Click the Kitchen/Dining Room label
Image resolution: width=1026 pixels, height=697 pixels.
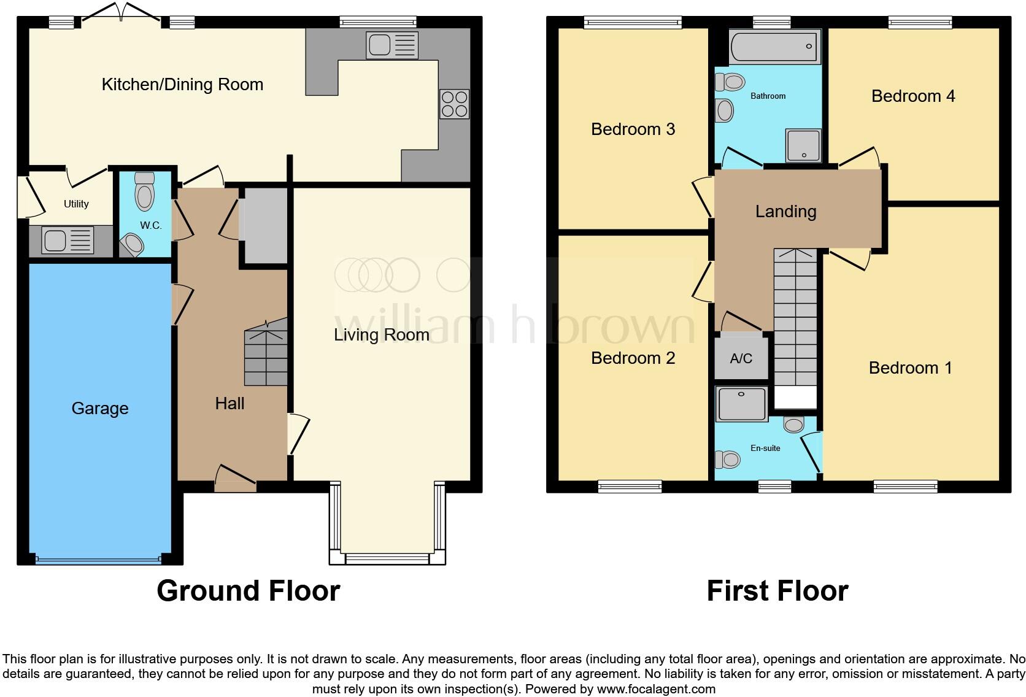[182, 85]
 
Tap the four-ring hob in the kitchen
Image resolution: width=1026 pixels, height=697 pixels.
[454, 104]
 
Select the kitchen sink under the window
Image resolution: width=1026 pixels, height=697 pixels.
[392, 45]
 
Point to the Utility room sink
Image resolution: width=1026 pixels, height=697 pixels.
[67, 241]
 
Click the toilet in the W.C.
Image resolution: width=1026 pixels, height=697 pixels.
[145, 191]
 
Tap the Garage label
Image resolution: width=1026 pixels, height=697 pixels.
[100, 408]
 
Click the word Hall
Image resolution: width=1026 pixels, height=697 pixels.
[229, 404]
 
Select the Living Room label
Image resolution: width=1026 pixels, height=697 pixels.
[382, 335]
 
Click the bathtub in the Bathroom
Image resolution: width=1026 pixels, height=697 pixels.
[774, 46]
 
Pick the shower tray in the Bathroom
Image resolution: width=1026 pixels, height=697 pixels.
[803, 145]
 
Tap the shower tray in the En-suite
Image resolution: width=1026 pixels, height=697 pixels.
[741, 404]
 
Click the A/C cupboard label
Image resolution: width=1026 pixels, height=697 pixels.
[741, 358]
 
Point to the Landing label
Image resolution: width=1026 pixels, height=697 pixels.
[786, 212]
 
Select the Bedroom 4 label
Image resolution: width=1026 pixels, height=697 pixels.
[913, 96]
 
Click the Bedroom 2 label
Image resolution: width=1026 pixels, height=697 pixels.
[633, 358]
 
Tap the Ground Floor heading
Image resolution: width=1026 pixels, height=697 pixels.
[249, 591]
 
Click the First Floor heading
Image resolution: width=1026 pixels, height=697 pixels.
[777, 591]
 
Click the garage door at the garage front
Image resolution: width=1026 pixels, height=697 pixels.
[99, 559]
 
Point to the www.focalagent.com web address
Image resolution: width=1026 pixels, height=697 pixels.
[657, 689]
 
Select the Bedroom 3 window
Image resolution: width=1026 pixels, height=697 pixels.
[633, 22]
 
